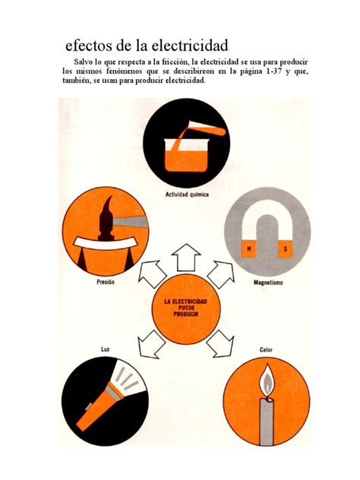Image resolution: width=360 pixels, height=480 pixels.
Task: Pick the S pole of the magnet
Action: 286,249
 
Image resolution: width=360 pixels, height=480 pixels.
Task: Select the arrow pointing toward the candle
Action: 222,343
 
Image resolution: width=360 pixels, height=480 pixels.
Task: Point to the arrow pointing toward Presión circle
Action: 152,273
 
